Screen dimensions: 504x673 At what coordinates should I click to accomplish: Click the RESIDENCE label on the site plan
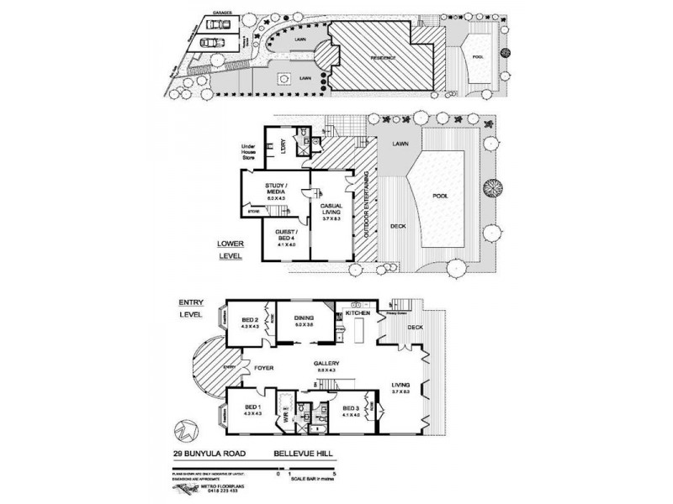[384, 58]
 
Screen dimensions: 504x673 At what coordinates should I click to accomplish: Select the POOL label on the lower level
[440, 197]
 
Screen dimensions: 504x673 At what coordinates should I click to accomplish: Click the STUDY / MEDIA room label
[276, 188]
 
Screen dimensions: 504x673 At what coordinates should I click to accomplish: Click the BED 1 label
[250, 409]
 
